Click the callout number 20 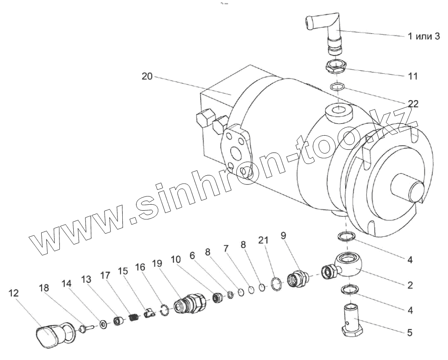click(147, 77)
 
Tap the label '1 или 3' click(424, 36)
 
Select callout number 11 click(413, 76)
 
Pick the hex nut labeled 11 click(336, 67)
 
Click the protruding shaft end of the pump click(408, 189)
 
